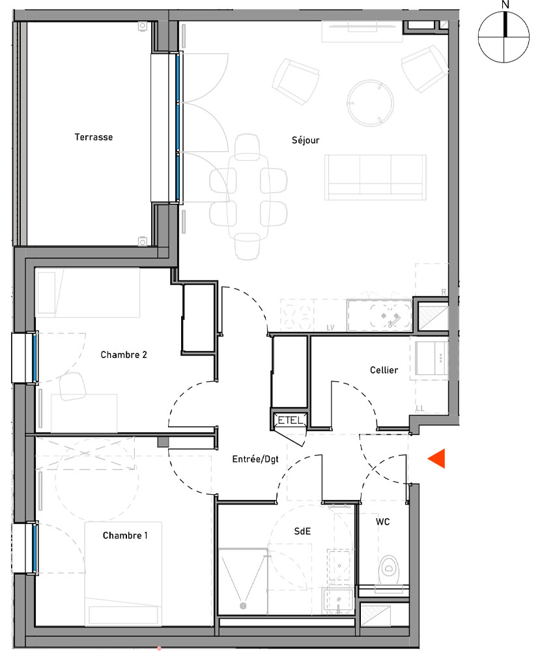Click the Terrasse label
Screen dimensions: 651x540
coord(93,137)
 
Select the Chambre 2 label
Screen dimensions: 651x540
coord(124,355)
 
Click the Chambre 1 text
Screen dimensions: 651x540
coord(125,536)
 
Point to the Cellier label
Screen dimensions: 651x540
coord(384,370)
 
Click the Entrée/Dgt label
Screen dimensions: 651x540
coord(255,459)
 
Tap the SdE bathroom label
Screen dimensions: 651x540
coord(302,531)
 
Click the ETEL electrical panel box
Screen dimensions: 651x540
coord(290,421)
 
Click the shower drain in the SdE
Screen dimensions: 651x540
coord(243,606)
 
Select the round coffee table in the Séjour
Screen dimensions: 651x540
coord(370,102)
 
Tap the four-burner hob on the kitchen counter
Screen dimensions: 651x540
coord(298,316)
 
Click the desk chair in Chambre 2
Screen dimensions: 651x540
coord(74,388)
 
